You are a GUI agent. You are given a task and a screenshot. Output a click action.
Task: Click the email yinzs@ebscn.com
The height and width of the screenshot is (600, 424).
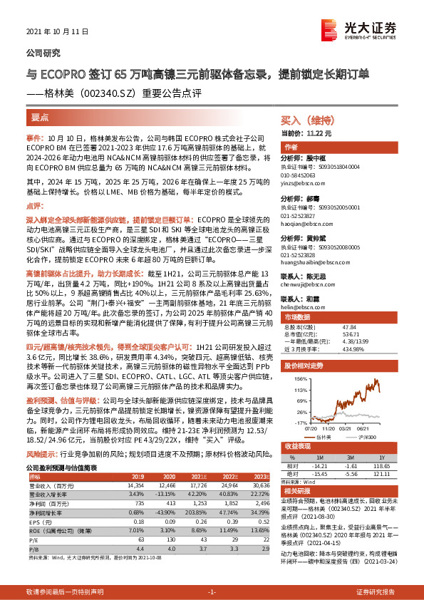[x=304, y=181]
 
